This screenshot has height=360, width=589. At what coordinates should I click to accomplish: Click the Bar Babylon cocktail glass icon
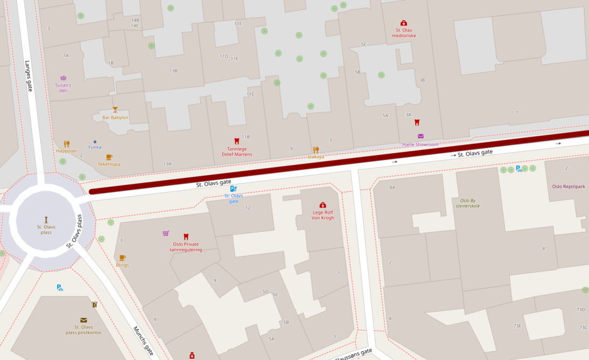point(115,110)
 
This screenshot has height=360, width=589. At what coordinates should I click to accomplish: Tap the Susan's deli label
point(63,87)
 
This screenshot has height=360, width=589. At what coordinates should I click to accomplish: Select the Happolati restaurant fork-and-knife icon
point(67,144)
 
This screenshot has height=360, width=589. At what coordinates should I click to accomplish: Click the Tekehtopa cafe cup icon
point(109,157)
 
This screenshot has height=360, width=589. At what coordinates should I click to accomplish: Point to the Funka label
point(95,147)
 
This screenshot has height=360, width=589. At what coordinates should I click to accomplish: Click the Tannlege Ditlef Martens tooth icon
point(237,141)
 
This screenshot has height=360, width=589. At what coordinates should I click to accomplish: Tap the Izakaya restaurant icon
point(316,150)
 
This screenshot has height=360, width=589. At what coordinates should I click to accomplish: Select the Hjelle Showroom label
point(420,145)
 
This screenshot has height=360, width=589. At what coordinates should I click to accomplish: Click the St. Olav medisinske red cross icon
point(404,23)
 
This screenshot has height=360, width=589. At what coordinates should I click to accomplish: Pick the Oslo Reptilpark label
point(568,186)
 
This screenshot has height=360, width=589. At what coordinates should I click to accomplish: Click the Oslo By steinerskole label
point(467,203)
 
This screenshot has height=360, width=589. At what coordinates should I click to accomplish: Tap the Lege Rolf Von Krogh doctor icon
point(323,205)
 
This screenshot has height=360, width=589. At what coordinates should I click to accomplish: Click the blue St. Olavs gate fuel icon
point(233,188)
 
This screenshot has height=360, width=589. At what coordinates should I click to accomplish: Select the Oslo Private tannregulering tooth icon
point(186,236)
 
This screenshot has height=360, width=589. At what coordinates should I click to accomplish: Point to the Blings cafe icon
point(122,258)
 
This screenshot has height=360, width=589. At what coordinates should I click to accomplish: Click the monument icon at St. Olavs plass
point(46,219)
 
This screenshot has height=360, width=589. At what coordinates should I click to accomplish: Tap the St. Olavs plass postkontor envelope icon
point(84,320)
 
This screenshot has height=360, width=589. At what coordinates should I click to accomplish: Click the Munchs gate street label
point(144,341)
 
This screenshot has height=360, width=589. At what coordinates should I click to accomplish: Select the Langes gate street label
point(28,76)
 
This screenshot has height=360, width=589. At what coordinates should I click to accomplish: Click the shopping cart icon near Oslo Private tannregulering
point(166,233)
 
